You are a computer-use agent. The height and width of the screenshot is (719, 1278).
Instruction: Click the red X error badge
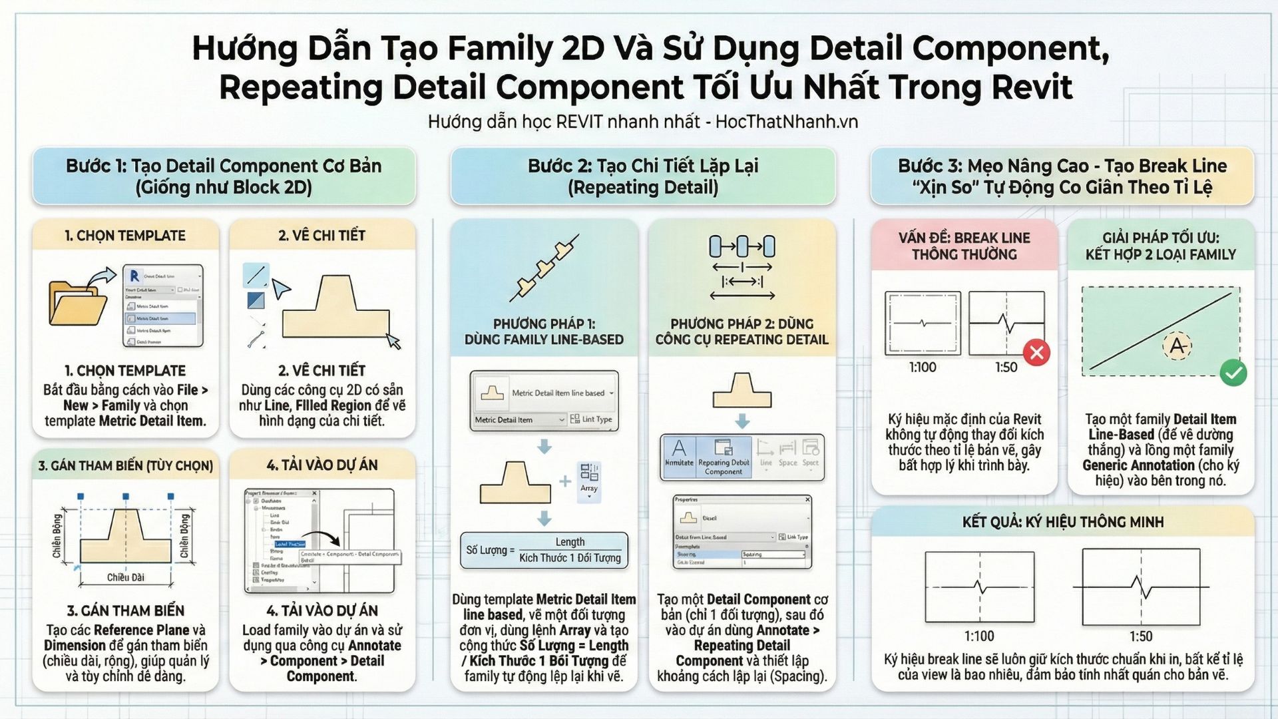click(1036, 353)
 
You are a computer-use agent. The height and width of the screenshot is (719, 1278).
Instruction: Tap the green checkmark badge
click(1233, 373)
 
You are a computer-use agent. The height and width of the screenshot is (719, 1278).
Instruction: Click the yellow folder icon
click(77, 308)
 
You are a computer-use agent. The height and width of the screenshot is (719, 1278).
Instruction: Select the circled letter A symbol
click(1177, 346)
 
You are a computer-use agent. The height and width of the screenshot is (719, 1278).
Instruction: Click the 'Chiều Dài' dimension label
click(125, 577)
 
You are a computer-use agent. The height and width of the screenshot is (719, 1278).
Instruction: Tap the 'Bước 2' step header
click(643, 176)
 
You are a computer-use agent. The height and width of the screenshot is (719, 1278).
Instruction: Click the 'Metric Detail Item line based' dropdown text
click(558, 393)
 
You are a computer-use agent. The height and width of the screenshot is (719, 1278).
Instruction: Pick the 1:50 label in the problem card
click(1006, 367)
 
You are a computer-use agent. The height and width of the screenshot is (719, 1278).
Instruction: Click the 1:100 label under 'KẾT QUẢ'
click(979, 636)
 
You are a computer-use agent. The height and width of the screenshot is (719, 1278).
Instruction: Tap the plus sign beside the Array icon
click(565, 481)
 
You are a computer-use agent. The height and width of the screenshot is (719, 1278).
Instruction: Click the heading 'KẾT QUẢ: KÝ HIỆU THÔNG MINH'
click(1062, 522)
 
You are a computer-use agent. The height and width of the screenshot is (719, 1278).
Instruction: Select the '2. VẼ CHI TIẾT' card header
click(321, 235)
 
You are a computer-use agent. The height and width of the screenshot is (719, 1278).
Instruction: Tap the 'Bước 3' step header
click(1062, 176)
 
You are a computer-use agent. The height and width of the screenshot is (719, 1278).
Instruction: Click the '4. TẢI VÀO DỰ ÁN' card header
click(321, 465)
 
